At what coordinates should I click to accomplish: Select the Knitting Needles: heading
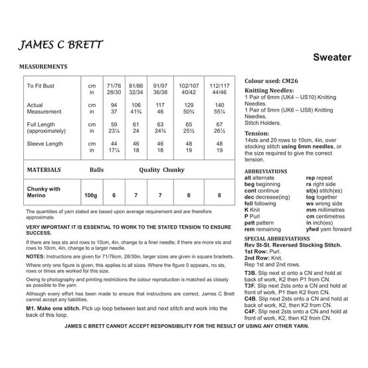tap(272, 90)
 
